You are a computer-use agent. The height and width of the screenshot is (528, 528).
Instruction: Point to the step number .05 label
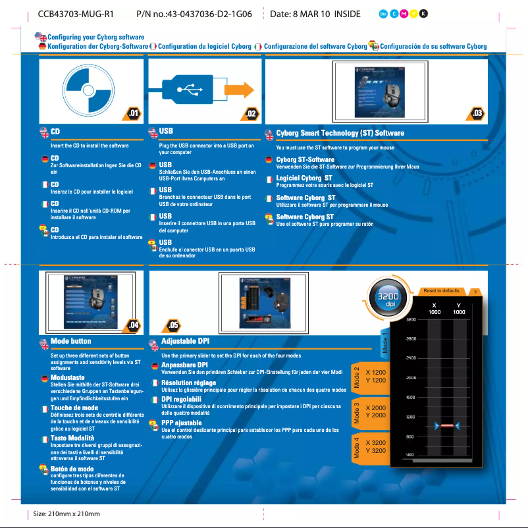(x=173, y=325)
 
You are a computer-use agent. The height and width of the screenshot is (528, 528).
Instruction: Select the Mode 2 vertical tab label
(x=356, y=376)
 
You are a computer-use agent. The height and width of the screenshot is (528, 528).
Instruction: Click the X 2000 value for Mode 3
(x=375, y=408)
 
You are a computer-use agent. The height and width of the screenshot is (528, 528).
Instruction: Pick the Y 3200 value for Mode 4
(x=375, y=451)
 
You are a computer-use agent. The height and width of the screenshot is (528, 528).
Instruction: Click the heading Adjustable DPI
(x=185, y=341)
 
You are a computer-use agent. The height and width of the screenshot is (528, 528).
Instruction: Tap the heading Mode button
(x=70, y=341)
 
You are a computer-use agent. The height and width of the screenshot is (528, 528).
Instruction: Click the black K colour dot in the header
(x=424, y=14)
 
